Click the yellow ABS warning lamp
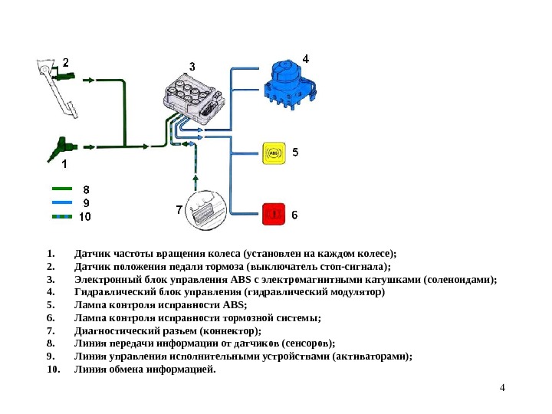274,153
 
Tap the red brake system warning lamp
274,214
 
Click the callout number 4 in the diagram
306,58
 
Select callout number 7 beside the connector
179,209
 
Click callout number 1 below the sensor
64,163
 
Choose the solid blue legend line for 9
61,202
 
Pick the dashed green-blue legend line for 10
61,216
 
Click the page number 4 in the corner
502,386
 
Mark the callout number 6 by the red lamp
294,215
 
